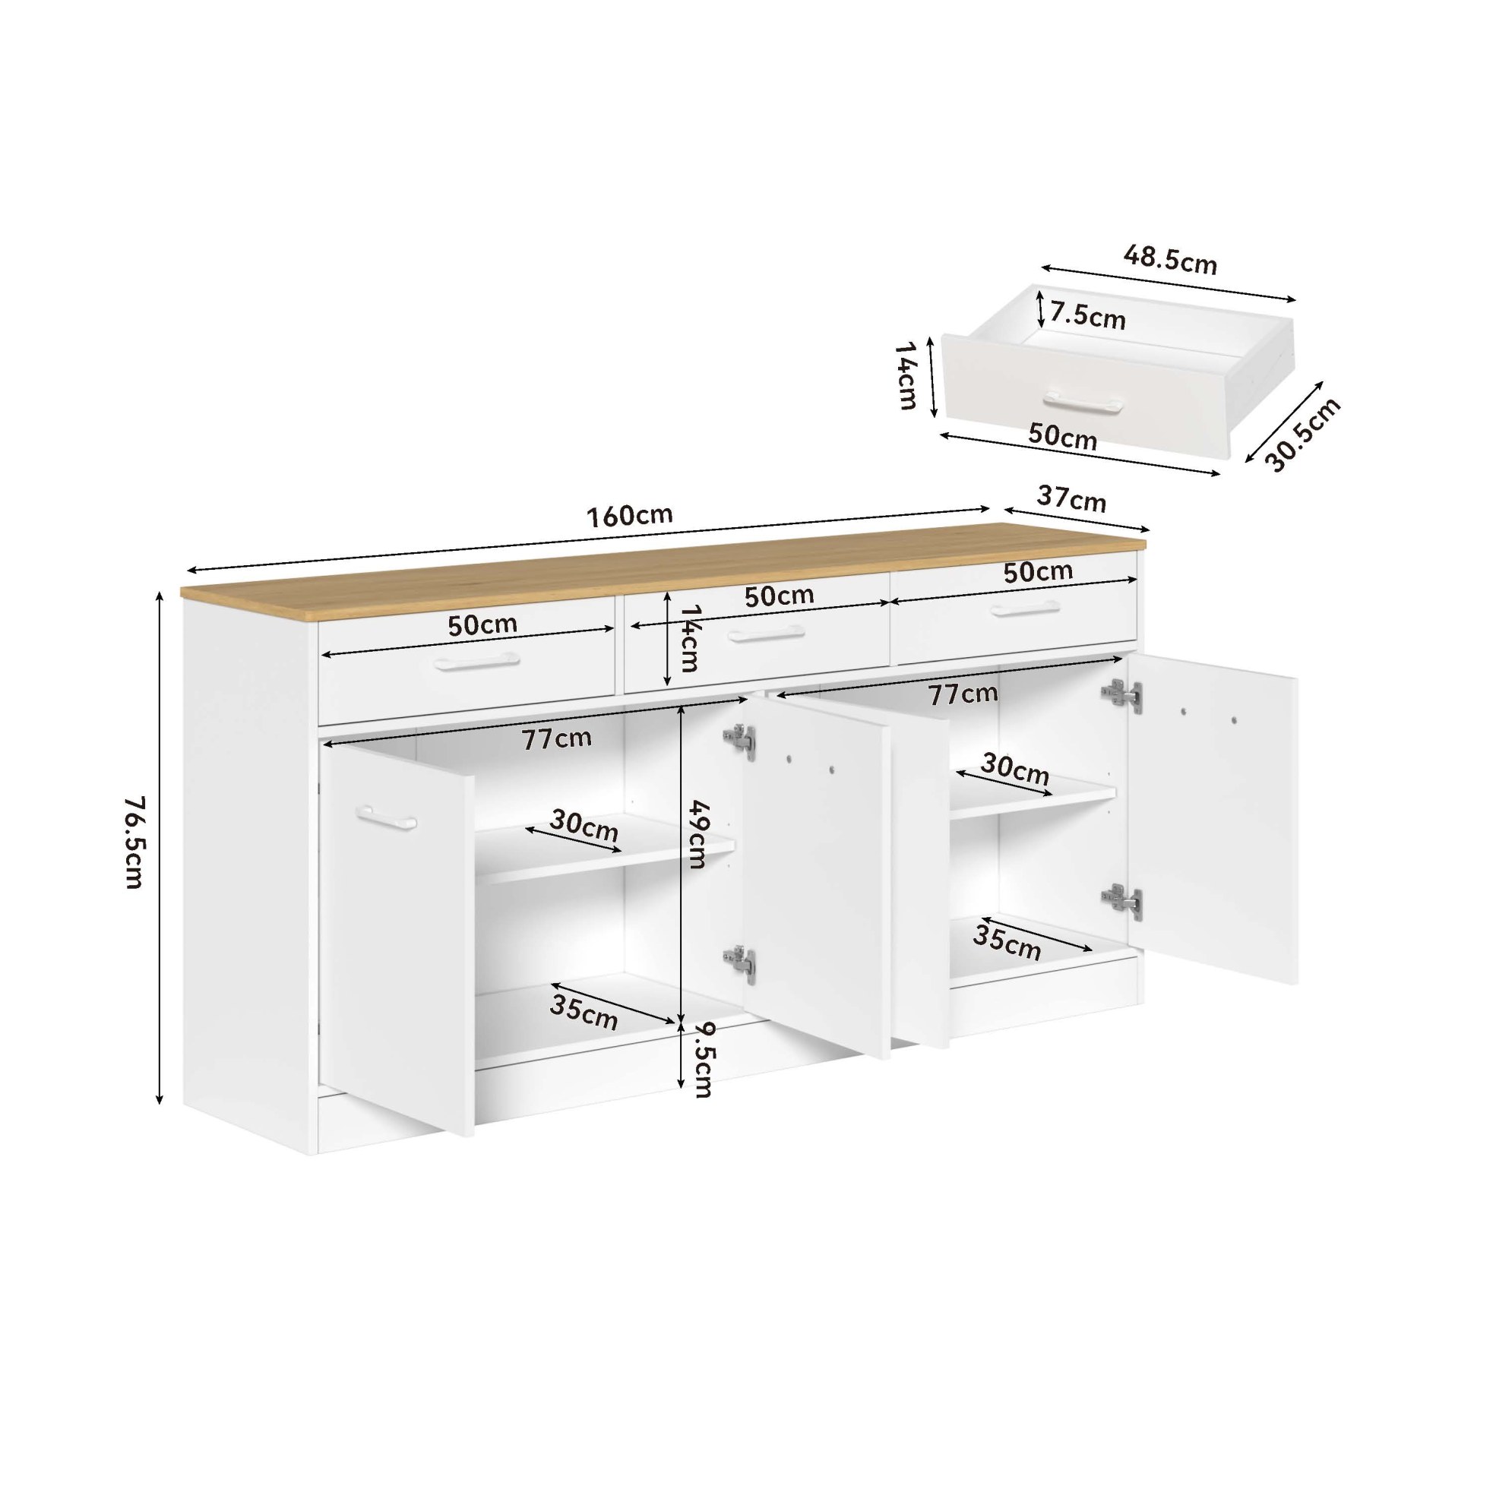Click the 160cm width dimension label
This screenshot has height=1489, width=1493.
[631, 515]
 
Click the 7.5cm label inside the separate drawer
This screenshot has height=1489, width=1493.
[1087, 316]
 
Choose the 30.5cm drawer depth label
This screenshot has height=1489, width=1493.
[1303, 435]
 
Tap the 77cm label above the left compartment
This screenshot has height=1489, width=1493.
[556, 738]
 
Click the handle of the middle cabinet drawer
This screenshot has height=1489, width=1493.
[767, 634]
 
